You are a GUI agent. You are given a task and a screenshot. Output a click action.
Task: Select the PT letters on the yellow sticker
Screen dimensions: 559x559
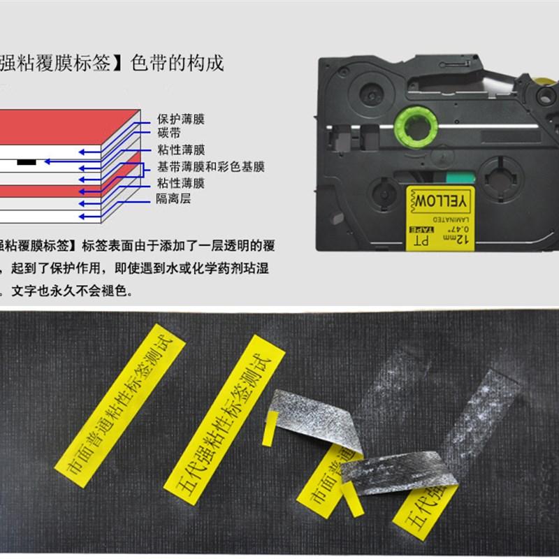(421, 240)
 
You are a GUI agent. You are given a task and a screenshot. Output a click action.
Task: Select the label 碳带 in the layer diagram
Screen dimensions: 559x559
(169, 133)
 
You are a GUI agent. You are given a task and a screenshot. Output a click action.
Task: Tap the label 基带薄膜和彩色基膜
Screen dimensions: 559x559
(210, 167)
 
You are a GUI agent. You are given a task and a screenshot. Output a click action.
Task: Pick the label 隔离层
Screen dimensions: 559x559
(173, 199)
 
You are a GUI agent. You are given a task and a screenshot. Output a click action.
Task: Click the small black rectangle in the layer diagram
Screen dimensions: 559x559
(25, 161)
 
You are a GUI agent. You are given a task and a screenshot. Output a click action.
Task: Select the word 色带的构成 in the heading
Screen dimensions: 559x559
(177, 64)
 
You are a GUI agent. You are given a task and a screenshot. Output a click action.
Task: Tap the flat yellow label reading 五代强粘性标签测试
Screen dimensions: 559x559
(226, 413)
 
